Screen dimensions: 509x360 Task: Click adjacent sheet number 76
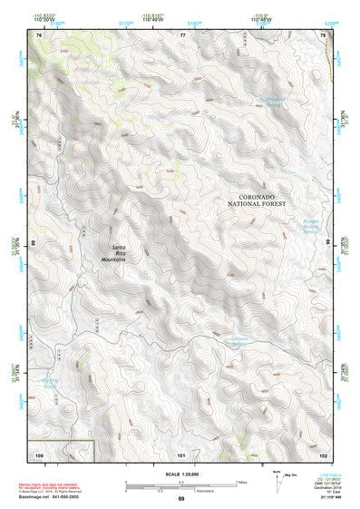coord(39,34)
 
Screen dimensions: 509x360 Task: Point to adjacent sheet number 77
coord(182,34)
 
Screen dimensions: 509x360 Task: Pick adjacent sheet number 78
coord(325,34)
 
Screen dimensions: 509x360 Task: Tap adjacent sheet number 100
coord(39,453)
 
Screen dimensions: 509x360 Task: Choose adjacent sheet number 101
coord(182,453)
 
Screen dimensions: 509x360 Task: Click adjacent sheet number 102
coord(325,453)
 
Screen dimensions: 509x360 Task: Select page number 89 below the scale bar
coord(181,499)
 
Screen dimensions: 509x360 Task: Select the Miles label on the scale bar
coord(241,480)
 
